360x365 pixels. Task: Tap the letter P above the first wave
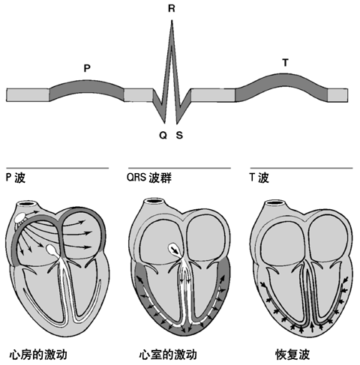click(87, 67)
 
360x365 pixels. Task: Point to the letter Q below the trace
click(163, 136)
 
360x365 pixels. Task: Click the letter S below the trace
click(178, 136)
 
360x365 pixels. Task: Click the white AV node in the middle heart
click(174, 250)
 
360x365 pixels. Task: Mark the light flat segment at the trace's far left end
click(27, 95)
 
